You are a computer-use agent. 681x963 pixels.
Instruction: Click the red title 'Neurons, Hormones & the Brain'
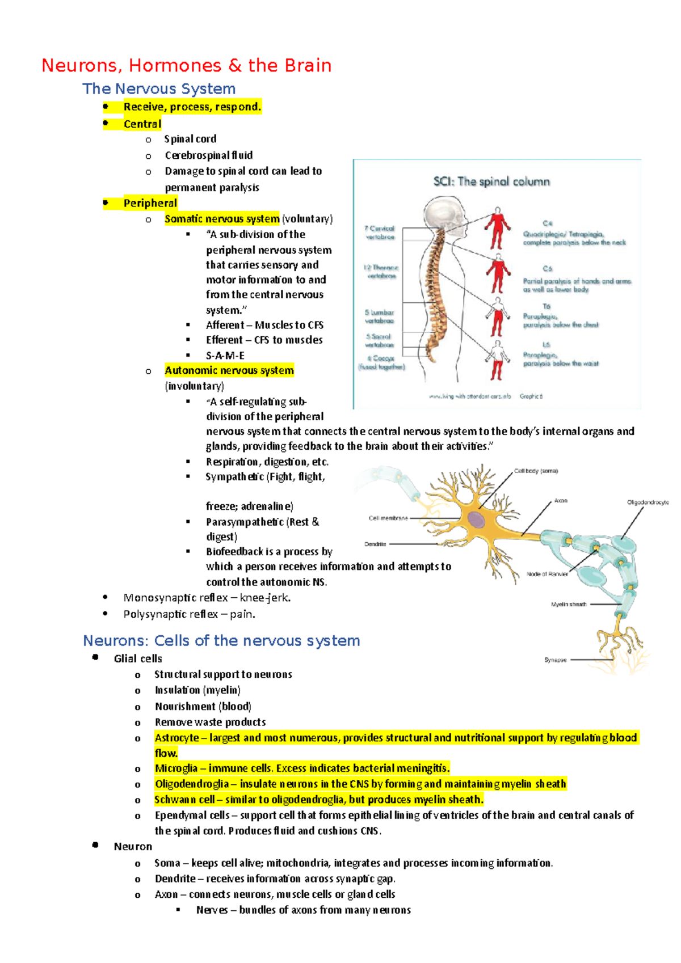coord(186,66)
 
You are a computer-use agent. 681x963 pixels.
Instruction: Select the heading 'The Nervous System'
coord(159,89)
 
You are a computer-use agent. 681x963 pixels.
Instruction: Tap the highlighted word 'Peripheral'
coord(150,203)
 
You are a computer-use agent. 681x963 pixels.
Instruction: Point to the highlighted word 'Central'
coord(142,124)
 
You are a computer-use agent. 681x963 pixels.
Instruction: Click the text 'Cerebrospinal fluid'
coord(208,155)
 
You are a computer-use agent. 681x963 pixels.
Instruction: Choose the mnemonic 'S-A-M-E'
coord(225,356)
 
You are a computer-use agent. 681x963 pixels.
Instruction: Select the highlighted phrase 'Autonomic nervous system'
coord(229,370)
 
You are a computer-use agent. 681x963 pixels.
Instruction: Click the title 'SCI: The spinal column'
coord(491,182)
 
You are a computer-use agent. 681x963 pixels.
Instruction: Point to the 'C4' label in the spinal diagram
coord(547,223)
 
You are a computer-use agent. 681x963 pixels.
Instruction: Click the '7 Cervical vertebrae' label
coord(380,233)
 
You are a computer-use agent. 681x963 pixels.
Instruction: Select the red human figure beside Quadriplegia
coord(497,228)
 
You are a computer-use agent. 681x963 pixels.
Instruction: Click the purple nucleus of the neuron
coord(476,519)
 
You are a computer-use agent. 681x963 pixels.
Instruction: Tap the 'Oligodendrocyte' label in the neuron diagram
coord(648,502)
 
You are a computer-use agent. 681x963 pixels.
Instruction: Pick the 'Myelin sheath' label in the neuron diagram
coord(569,605)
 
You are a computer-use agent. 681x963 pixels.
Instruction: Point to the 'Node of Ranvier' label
coord(547,574)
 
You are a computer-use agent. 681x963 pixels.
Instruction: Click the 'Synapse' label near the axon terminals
coord(555,660)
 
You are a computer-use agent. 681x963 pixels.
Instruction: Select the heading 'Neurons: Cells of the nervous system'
coord(221,641)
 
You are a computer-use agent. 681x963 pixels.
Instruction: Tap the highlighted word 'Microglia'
coord(176,768)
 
